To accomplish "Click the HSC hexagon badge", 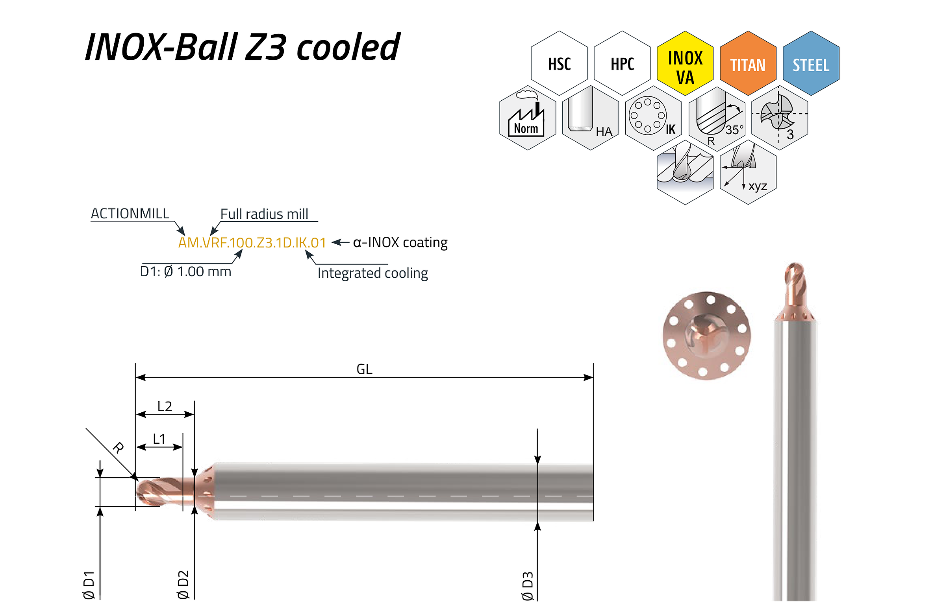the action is click(559, 63).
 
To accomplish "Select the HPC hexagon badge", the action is click(622, 63).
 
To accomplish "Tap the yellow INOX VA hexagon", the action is click(685, 63).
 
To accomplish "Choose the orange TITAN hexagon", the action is click(748, 63).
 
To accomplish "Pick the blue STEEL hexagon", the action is click(811, 63).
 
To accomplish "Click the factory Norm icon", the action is click(528, 118).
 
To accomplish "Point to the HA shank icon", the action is click(590, 118).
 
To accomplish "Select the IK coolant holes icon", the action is click(653, 118).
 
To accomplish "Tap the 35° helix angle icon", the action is click(717, 118).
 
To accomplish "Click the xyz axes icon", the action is click(748, 172).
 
